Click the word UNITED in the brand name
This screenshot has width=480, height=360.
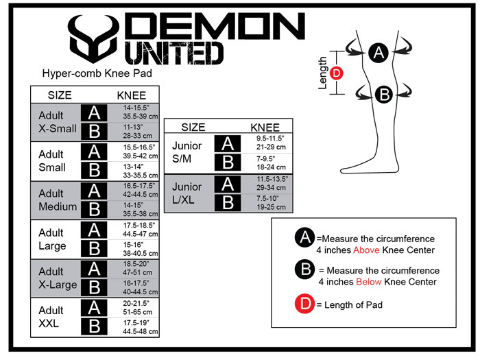tap(174, 53)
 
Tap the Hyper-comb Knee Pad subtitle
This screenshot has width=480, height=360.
tap(97, 73)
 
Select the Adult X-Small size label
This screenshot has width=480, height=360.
tap(57, 122)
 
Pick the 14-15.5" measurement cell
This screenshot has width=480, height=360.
tap(136, 108)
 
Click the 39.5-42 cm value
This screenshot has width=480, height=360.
tap(141, 156)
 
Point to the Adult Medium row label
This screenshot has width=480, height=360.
tap(58, 200)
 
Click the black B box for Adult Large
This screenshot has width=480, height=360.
tap(94, 248)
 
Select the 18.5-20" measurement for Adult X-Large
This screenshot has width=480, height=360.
tap(136, 264)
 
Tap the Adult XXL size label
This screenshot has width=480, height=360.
tap(51, 317)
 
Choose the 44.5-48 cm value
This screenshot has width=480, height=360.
tap(141, 331)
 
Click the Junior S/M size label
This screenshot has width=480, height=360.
tap(187, 152)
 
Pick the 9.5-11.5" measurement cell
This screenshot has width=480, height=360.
tap(270, 139)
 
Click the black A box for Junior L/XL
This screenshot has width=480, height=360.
tap(228, 184)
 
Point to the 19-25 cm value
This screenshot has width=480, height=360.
tap(272, 207)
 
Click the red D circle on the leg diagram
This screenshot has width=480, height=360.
tap(337, 73)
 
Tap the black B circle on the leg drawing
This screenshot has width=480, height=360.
tap(384, 95)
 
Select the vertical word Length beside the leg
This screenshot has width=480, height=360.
tap(322, 73)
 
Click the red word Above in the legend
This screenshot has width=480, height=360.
tap(366, 250)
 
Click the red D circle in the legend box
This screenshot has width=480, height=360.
tap(304, 304)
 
